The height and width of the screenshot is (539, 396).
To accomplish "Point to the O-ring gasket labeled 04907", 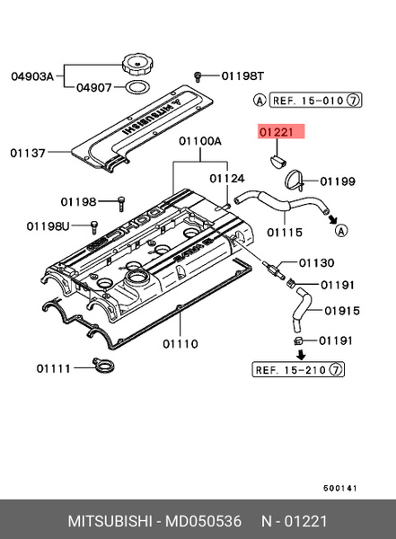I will tap(136, 88).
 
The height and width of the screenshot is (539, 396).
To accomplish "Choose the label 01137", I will tap(27, 152).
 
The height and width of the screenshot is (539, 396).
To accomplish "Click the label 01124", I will tap(227, 179).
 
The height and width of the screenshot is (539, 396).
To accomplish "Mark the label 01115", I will tap(286, 232).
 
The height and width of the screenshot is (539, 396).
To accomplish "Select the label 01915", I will tap(341, 311).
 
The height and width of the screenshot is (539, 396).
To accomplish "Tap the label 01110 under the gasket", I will tap(181, 343).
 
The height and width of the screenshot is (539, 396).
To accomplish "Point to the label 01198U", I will tap(48, 225).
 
